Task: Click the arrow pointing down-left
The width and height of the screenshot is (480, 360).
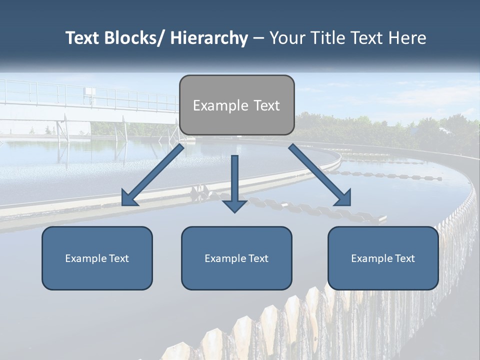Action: [155, 173]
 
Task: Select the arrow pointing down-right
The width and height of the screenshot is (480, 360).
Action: [317, 173]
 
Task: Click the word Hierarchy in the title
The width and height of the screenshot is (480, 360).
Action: [209, 38]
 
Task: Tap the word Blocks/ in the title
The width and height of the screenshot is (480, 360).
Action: [133, 38]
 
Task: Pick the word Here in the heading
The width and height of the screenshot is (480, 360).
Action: [407, 38]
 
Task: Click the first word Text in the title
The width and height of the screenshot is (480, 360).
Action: [82, 38]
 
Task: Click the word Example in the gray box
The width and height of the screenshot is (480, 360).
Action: [213, 105]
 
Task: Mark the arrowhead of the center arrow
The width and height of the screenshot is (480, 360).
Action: [234, 206]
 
